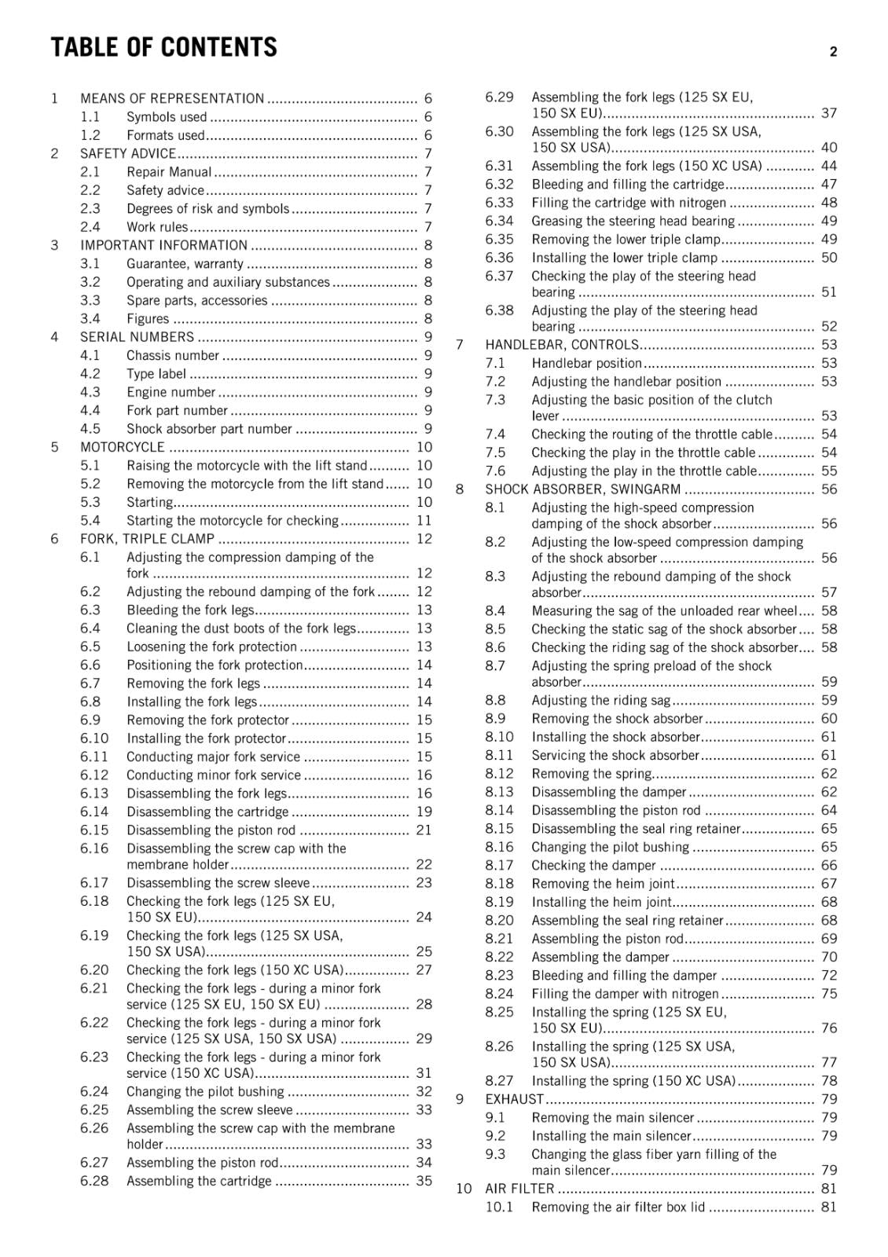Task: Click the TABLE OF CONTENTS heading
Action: click(x=163, y=48)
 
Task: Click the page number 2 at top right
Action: click(x=833, y=52)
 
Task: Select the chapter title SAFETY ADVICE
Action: click(x=128, y=153)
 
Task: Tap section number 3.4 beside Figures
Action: click(x=90, y=318)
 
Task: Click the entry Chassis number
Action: click(x=173, y=355)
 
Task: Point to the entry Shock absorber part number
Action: click(x=209, y=429)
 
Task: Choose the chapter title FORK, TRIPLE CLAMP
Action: click(x=147, y=539)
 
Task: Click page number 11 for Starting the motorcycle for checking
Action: click(x=424, y=520)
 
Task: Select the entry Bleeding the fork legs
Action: click(x=190, y=610)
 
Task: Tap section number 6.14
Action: click(x=94, y=812)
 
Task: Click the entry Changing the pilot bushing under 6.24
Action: click(x=205, y=1091)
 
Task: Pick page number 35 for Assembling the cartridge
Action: click(x=424, y=1181)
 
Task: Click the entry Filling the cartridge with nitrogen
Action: click(x=629, y=203)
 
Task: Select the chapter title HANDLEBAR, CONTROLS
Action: click(x=562, y=345)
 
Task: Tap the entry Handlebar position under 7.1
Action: click(x=586, y=363)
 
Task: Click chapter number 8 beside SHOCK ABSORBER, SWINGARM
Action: click(x=460, y=489)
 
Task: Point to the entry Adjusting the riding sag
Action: click(x=601, y=700)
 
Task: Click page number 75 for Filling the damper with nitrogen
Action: click(x=829, y=994)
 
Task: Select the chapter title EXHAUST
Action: click(x=514, y=1099)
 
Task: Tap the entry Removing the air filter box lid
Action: click(x=618, y=1207)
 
